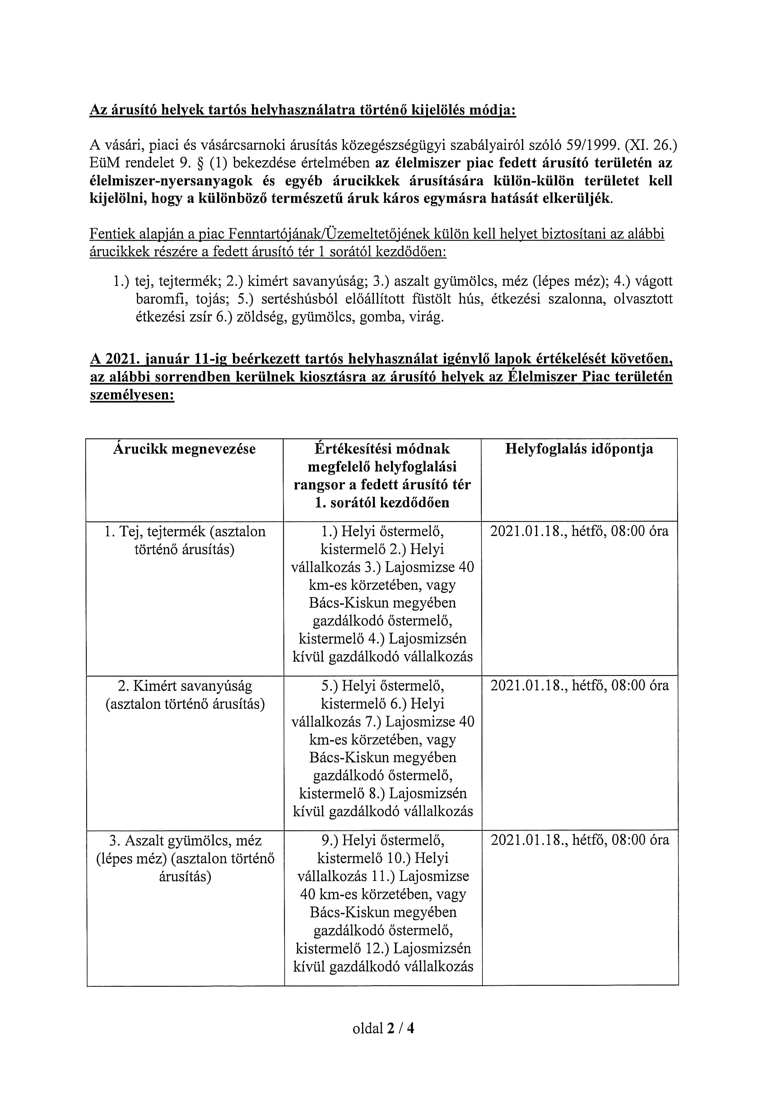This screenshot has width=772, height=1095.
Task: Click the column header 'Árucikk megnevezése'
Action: (184, 449)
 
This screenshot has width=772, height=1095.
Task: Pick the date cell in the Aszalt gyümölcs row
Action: (579, 840)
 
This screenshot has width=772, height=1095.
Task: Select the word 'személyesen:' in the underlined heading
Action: (132, 395)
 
